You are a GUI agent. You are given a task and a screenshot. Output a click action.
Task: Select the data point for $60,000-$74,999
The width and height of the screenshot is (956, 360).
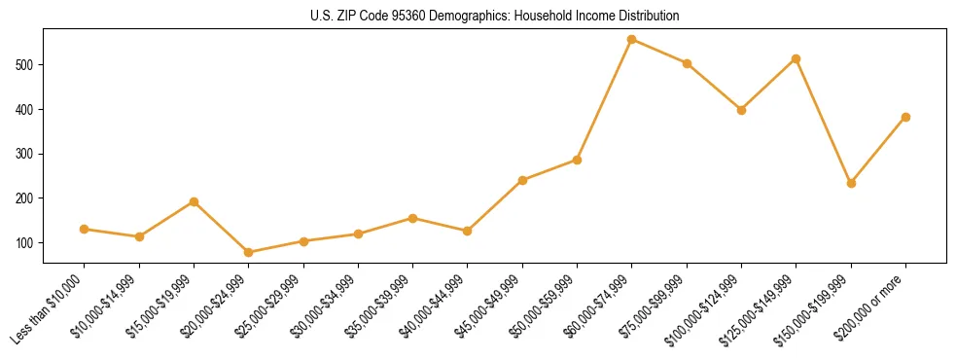tap(632, 40)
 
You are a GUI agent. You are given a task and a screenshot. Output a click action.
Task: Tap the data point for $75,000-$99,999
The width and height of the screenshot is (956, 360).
tap(687, 63)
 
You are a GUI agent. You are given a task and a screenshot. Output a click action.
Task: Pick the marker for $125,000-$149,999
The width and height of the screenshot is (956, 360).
tap(797, 59)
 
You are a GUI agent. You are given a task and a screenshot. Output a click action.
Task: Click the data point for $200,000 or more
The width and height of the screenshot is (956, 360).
tap(905, 117)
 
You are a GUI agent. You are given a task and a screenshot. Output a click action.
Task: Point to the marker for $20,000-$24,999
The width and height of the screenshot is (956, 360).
tap(249, 252)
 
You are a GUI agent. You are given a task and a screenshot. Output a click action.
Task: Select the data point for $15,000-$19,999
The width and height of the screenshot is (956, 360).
tap(194, 201)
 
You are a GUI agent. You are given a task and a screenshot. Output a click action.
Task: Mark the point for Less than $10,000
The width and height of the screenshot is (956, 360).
tap(85, 230)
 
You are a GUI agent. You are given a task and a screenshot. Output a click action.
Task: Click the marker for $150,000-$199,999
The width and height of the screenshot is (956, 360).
tap(851, 183)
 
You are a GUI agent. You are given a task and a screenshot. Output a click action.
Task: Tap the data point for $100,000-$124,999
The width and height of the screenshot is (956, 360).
tap(741, 110)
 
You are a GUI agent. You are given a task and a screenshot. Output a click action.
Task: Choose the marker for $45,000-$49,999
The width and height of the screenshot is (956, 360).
tap(522, 180)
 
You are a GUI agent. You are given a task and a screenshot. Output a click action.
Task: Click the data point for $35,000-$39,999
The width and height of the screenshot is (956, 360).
tap(413, 218)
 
